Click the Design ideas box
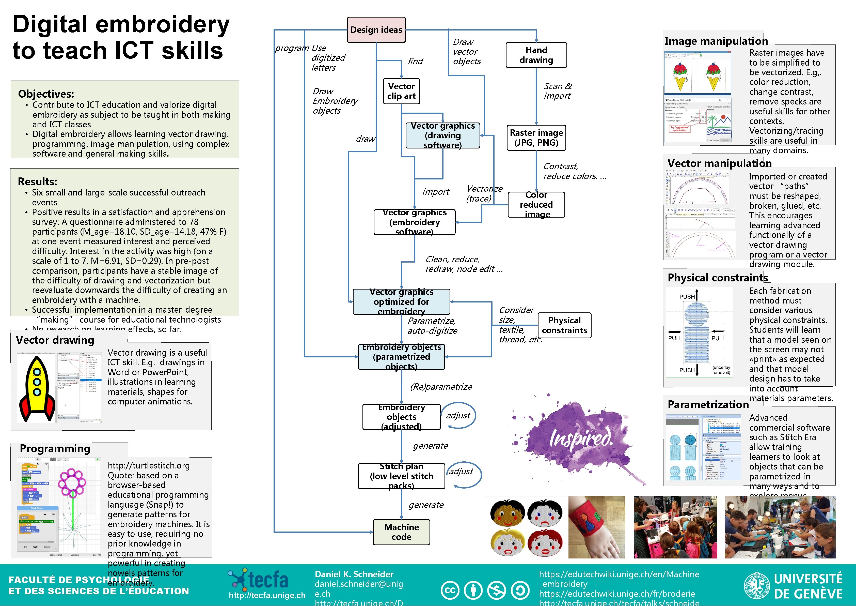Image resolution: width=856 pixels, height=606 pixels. pos(376,30)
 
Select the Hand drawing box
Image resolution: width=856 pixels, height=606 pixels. pos(536,55)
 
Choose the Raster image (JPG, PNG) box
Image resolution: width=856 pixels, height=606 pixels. pos(536,138)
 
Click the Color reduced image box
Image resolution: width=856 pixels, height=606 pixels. pos(536,204)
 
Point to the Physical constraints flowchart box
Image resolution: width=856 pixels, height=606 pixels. pos(564,325)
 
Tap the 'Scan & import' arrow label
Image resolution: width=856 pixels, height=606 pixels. pos(557,91)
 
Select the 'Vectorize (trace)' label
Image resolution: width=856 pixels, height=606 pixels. pos(484,193)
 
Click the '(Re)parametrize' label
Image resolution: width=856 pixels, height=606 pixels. pos(441,387)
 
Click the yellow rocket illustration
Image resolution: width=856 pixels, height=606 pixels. pos(37,388)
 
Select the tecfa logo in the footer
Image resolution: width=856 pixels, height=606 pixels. pos(259,579)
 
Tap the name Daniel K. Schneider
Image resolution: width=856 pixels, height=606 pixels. pos(354,574)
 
